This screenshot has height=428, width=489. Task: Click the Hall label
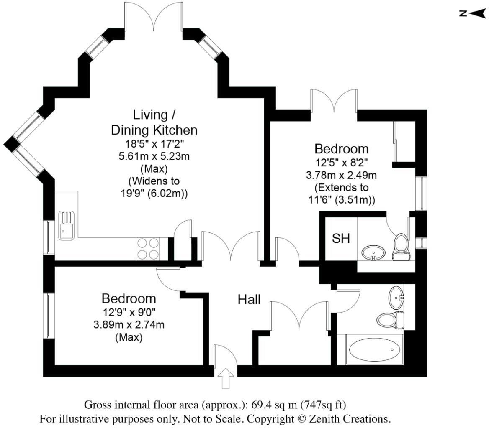click(x=249, y=299)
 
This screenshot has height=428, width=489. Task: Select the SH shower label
click(x=341, y=238)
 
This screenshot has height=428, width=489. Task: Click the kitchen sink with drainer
click(x=66, y=225)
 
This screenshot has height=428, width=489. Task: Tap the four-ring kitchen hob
click(x=148, y=249)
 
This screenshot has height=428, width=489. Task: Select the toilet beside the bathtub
click(x=389, y=320)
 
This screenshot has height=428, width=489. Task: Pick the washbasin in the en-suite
click(x=373, y=253)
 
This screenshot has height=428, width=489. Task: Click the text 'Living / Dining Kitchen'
click(x=154, y=122)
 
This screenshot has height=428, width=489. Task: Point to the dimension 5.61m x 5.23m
click(x=154, y=156)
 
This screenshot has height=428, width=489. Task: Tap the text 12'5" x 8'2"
click(x=341, y=161)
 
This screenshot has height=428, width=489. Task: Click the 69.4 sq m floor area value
click(x=277, y=405)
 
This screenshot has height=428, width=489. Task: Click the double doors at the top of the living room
click(x=154, y=17)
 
